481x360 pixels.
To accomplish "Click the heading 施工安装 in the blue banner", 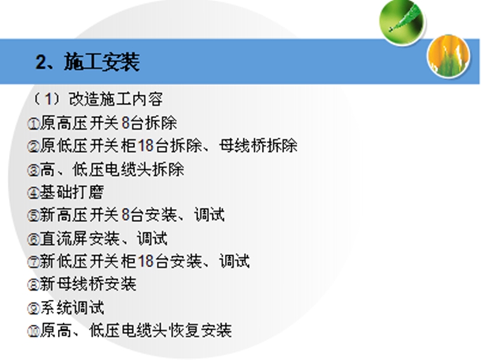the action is pyautogui.click(x=102, y=62).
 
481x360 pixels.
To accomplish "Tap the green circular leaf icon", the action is pyautogui.click(x=402, y=22).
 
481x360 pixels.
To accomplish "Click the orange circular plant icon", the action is pyautogui.click(x=449, y=56).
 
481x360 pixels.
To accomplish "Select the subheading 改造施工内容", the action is pyautogui.click(x=116, y=99).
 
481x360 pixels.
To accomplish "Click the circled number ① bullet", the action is pyautogui.click(x=33, y=124).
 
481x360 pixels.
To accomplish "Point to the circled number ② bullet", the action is pyautogui.click(x=33, y=147).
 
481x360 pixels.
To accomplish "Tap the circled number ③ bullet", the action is pyautogui.click(x=33, y=171).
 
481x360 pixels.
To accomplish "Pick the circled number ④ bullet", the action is pyautogui.click(x=33, y=193).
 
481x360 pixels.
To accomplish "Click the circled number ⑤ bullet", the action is pyautogui.click(x=33, y=216).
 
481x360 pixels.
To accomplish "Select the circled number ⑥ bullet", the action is pyautogui.click(x=33, y=239).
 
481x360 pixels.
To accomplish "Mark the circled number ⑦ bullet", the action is pyautogui.click(x=33, y=262).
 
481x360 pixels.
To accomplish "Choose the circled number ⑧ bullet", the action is pyautogui.click(x=33, y=285).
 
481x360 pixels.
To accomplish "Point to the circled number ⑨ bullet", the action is pyautogui.click(x=33, y=309).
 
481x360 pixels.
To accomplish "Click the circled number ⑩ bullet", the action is pyautogui.click(x=33, y=331).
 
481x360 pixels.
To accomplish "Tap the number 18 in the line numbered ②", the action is pyautogui.click(x=146, y=145).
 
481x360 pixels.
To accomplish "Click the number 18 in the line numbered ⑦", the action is pyautogui.click(x=146, y=261).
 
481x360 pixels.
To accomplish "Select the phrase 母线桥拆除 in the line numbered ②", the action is pyautogui.click(x=258, y=145).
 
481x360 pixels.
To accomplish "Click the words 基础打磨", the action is pyautogui.click(x=72, y=192).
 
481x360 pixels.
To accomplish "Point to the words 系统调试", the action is pyautogui.click(x=72, y=307).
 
